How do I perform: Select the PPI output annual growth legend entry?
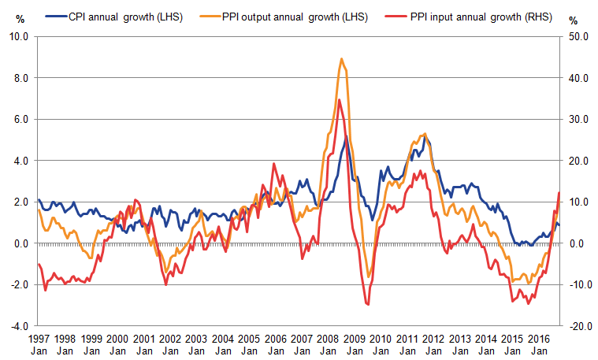click(297, 17)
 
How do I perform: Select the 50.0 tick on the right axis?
click(578, 37)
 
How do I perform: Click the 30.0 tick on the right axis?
click(578, 120)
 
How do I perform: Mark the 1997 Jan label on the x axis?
click(39, 343)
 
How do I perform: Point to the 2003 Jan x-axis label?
click(196, 343)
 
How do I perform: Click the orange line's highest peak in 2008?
click(341, 58)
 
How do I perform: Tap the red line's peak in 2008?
click(339, 99)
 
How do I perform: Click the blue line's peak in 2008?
click(345, 136)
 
